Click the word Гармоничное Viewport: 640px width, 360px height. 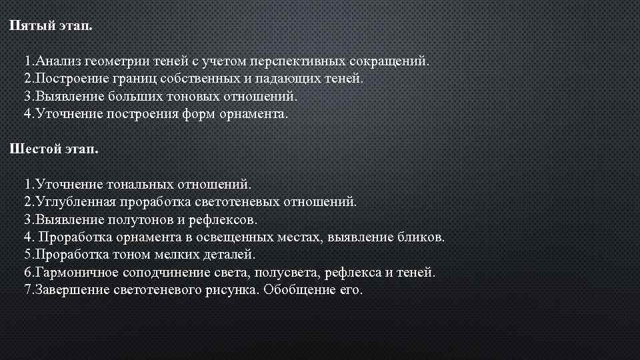[77, 272]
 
